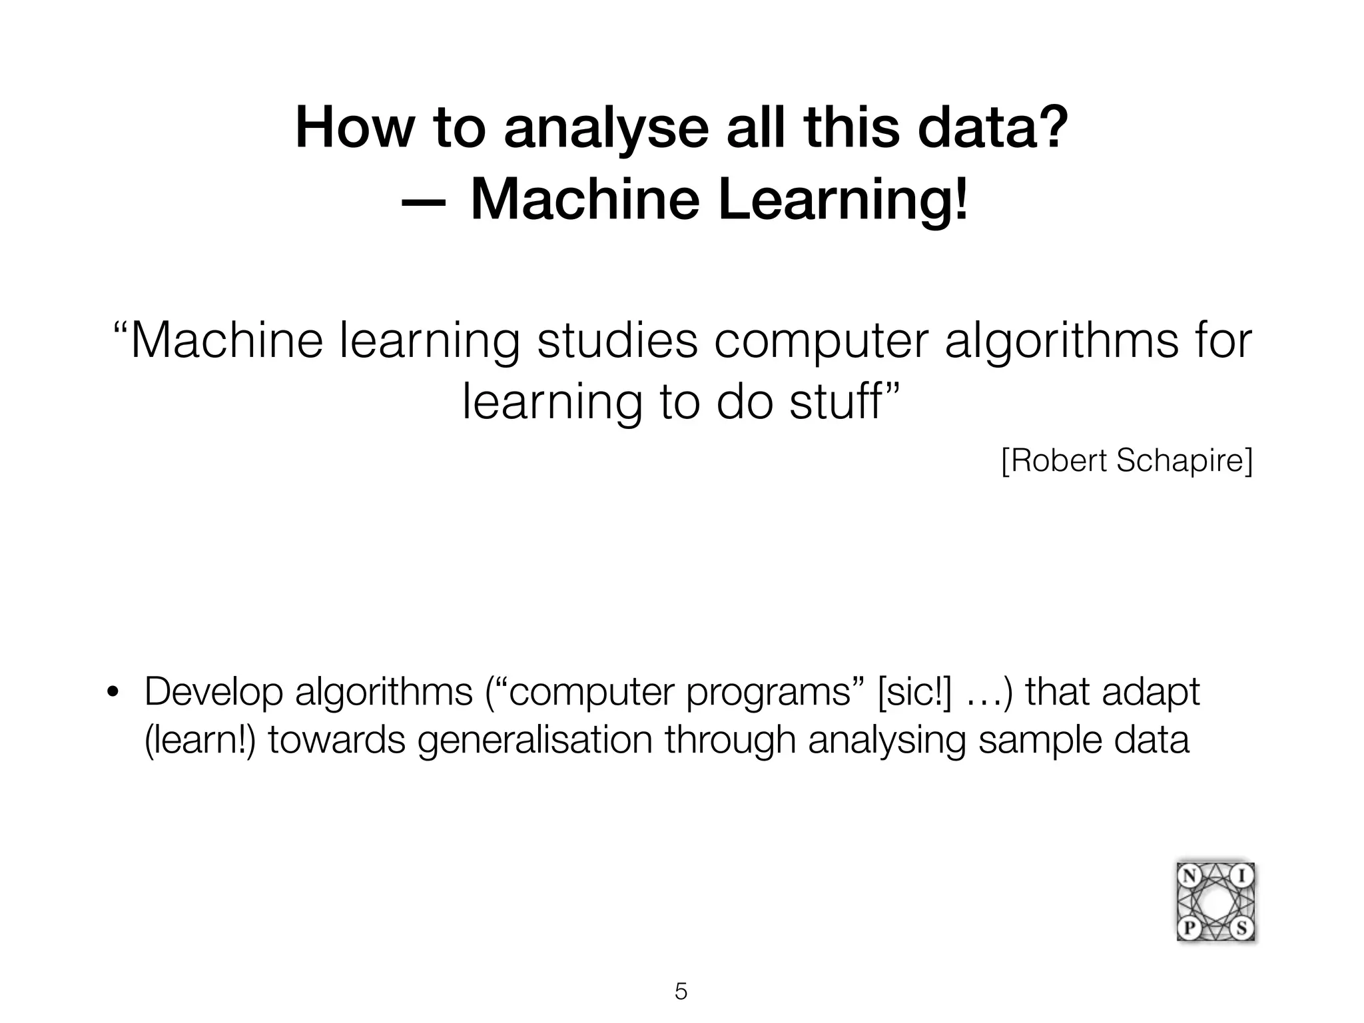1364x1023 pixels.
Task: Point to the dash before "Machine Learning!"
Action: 424,200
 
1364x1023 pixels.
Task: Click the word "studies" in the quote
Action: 617,340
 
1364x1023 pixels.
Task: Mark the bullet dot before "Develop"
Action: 113,693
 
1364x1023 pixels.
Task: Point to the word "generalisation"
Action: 535,740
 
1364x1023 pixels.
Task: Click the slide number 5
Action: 681,992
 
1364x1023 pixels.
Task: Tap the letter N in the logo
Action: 1188,875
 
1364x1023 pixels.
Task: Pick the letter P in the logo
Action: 1189,928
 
